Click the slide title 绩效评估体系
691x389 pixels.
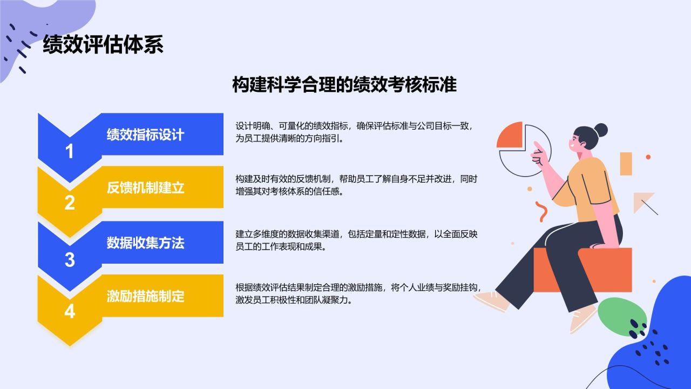(x=103, y=44)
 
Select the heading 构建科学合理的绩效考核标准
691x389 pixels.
(x=344, y=84)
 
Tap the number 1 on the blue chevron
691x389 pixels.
(x=70, y=151)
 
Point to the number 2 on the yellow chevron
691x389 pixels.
(x=70, y=203)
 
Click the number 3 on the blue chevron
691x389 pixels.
(x=70, y=260)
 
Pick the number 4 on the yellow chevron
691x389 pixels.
(x=70, y=311)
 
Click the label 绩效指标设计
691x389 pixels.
(x=145, y=135)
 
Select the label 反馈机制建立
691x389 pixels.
(x=145, y=187)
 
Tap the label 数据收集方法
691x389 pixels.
(x=145, y=243)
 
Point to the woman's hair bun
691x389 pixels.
(x=600, y=130)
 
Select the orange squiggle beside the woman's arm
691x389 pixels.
(x=541, y=211)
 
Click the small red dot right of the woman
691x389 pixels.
(x=648, y=157)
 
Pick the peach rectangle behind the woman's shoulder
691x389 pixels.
(x=626, y=164)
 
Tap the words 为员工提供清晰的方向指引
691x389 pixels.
(x=289, y=138)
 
